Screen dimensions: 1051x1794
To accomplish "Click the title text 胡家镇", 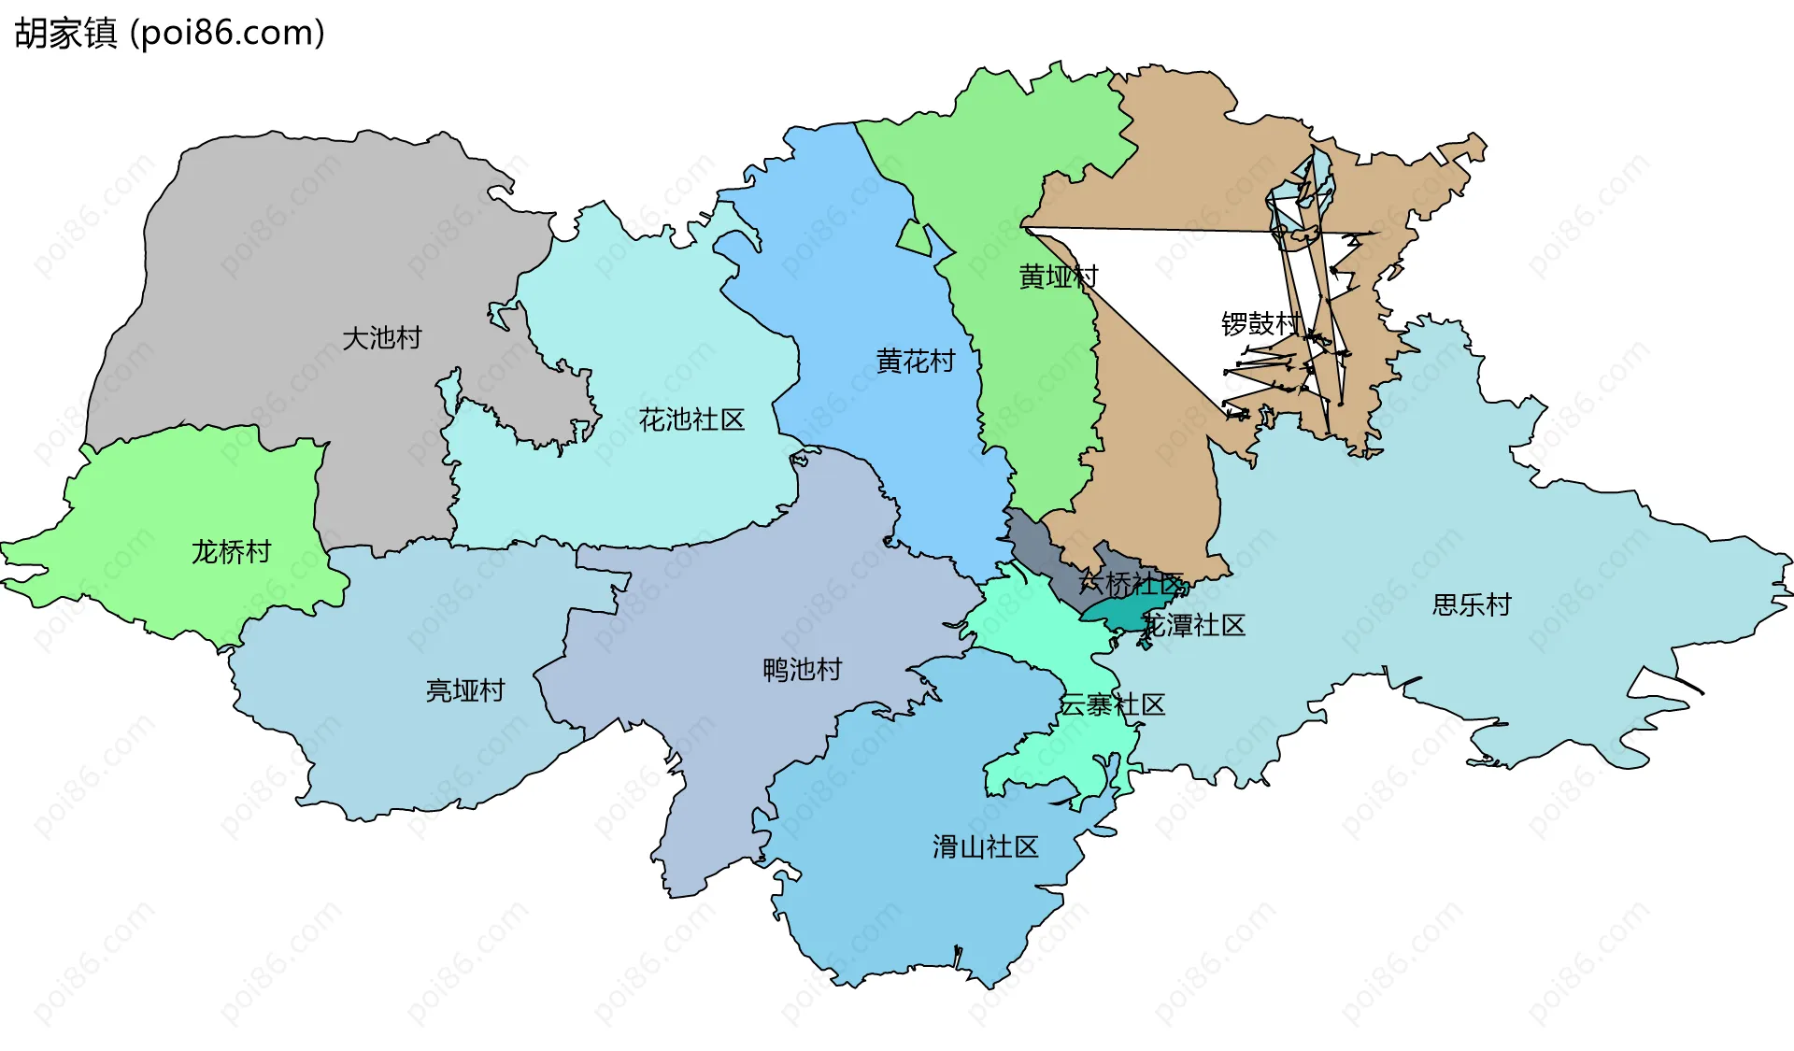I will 65,34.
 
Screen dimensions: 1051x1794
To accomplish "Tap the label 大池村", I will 381,337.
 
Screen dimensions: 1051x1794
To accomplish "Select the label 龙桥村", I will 231,552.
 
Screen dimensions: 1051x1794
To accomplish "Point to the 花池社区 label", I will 691,419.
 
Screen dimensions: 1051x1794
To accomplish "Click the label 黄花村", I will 916,361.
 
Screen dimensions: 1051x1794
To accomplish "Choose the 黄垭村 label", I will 1058,277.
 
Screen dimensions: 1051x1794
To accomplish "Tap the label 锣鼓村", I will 1260,324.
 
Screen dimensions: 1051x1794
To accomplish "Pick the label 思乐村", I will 1472,605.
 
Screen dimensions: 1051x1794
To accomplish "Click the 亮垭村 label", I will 465,690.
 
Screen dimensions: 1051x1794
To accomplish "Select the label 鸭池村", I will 803,670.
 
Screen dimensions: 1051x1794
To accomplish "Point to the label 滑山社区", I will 985,847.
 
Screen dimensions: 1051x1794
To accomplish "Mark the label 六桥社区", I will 1131,585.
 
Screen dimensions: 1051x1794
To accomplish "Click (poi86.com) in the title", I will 227,34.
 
